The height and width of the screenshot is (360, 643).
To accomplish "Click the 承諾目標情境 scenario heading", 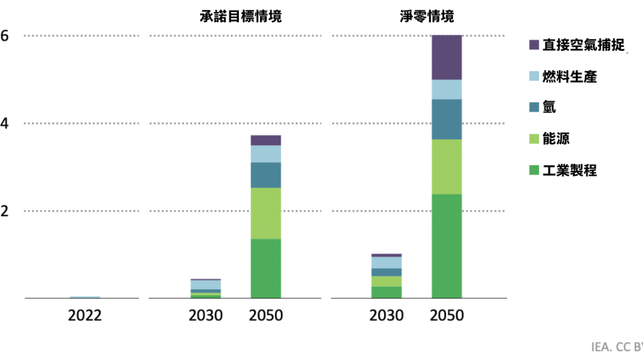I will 241,16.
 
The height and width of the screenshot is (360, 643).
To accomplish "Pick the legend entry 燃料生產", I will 569,76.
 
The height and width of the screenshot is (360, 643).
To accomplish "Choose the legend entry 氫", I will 549,107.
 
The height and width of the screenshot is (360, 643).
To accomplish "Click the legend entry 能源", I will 556,139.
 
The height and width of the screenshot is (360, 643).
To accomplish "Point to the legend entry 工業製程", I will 569,170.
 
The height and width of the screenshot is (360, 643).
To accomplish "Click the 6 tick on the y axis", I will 5,36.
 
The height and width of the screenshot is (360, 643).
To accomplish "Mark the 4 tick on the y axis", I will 5,123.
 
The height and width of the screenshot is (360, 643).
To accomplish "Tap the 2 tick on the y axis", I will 5,211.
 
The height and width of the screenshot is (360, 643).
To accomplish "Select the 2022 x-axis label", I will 85,315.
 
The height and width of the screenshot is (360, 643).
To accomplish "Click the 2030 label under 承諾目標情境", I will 205,315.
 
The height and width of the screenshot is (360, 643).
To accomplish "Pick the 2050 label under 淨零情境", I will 447,315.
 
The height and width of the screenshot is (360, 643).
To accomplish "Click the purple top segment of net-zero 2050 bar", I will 447,57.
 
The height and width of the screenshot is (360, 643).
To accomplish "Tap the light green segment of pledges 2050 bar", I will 265,213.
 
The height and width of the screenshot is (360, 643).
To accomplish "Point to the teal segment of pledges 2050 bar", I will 265,175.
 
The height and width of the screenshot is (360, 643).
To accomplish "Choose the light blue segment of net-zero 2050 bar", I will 447,89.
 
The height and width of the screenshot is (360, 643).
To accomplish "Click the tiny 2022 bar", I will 85,297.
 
